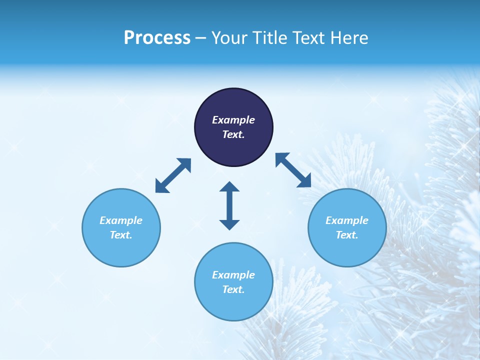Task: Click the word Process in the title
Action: tap(157, 38)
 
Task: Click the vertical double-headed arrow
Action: tap(229, 205)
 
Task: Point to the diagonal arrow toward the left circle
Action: tap(173, 175)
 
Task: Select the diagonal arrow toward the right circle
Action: tap(293, 170)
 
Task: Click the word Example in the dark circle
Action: tap(233, 120)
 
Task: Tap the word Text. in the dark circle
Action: tap(233, 134)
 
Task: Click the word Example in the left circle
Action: tap(121, 220)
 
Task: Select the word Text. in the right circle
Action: tap(347, 235)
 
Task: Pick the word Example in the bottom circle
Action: tap(233, 275)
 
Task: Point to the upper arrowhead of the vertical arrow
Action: tap(229, 186)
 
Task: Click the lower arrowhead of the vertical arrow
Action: tap(229, 224)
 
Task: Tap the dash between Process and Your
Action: tap(200, 38)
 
